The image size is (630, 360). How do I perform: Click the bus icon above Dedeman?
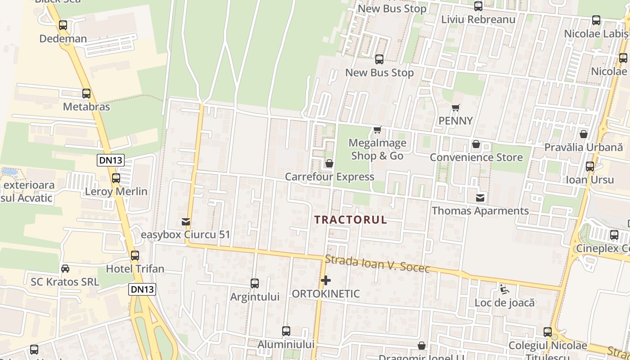point(63,25)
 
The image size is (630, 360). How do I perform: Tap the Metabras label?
point(86,107)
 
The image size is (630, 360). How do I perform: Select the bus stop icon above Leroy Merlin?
point(116,178)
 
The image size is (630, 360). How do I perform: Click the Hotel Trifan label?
point(135,269)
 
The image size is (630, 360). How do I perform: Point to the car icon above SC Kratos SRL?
point(65,269)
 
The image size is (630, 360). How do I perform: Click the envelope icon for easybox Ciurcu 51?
point(185,221)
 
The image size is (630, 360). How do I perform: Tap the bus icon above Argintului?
point(255,283)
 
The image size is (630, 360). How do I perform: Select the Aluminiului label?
point(286,345)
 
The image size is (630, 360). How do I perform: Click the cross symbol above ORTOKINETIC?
point(326,281)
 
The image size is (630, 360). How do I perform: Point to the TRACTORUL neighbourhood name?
point(351,220)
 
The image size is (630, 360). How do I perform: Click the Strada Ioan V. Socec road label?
point(377,264)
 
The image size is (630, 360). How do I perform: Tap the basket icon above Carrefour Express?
point(329,163)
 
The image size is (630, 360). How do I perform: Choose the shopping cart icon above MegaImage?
point(378,130)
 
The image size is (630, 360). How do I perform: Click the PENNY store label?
point(456,121)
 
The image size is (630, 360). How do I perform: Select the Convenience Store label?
point(476,157)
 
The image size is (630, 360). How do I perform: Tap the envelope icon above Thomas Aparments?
point(481,198)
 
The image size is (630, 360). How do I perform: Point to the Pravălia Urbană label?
point(584,147)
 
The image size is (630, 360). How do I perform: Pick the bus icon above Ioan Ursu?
point(590,166)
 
